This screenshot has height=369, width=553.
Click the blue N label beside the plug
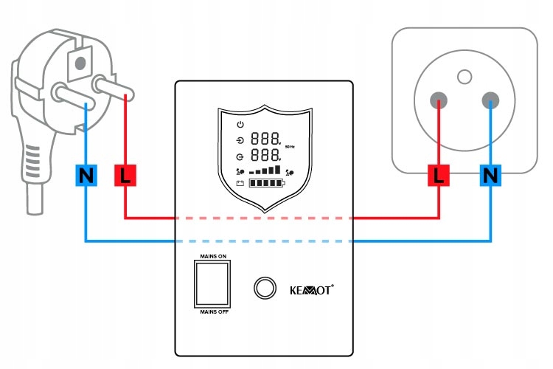[x=86, y=175]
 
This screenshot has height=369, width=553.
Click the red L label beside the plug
[x=125, y=175]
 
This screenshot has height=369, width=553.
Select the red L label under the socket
[x=439, y=175]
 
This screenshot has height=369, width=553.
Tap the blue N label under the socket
[x=490, y=175]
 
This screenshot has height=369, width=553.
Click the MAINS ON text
[x=213, y=256]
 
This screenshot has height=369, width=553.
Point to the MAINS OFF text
[x=214, y=311]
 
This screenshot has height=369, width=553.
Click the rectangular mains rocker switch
[x=212, y=284]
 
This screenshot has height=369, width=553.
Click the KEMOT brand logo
[x=311, y=290]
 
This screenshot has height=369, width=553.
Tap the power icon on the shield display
[x=240, y=124]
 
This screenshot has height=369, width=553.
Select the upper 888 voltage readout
[x=265, y=139]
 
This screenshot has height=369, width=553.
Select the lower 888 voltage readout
[x=265, y=155]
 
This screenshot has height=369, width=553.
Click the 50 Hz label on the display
[x=290, y=147]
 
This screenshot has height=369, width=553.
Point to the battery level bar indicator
[x=266, y=183]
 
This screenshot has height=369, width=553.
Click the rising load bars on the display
[x=265, y=170]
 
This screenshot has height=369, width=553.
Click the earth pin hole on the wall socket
[x=465, y=77]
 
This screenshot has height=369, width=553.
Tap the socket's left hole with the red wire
[x=439, y=100]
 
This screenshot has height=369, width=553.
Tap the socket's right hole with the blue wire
[x=490, y=100]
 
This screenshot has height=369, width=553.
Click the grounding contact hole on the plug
[x=80, y=63]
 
